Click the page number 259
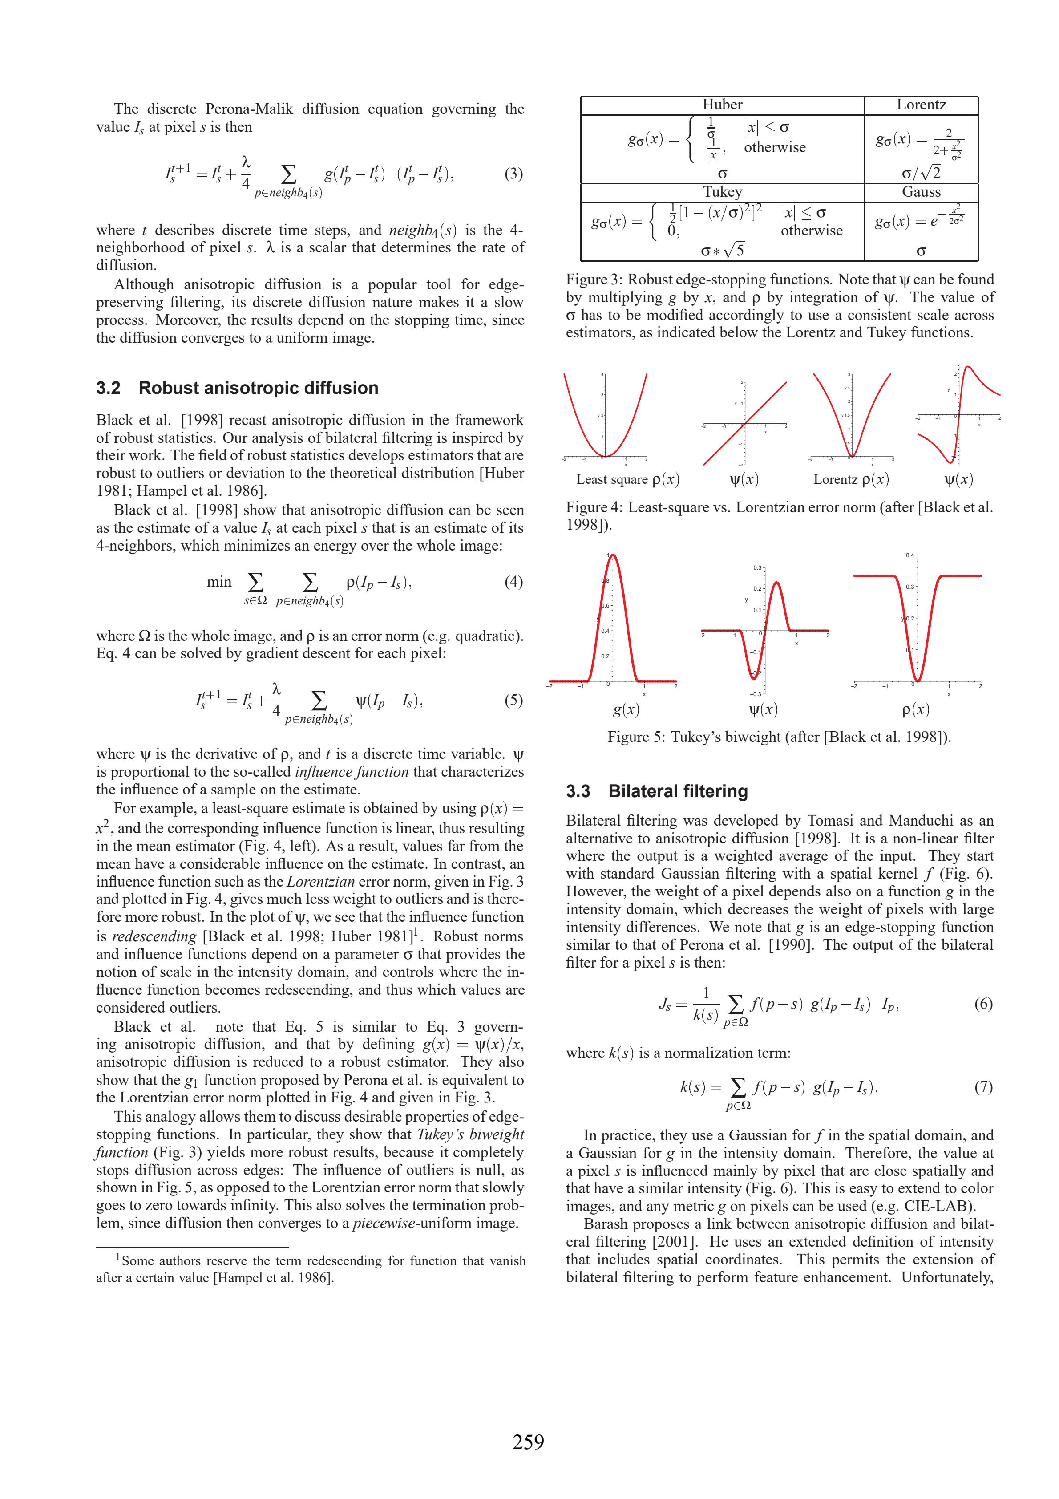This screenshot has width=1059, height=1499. (x=528, y=1442)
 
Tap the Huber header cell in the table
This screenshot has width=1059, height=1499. (x=722, y=105)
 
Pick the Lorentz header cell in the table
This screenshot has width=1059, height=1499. (x=921, y=105)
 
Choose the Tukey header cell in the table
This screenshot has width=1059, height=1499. (x=722, y=192)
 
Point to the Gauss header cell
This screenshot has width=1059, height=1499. (x=921, y=192)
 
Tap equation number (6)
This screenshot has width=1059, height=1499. (x=983, y=1004)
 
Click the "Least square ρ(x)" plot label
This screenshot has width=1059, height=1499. (x=627, y=480)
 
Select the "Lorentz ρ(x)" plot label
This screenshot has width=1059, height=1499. (x=851, y=480)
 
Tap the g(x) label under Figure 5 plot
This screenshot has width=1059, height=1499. (x=626, y=710)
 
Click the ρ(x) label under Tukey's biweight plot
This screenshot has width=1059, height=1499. (x=915, y=710)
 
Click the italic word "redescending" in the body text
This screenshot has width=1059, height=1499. (x=154, y=936)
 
